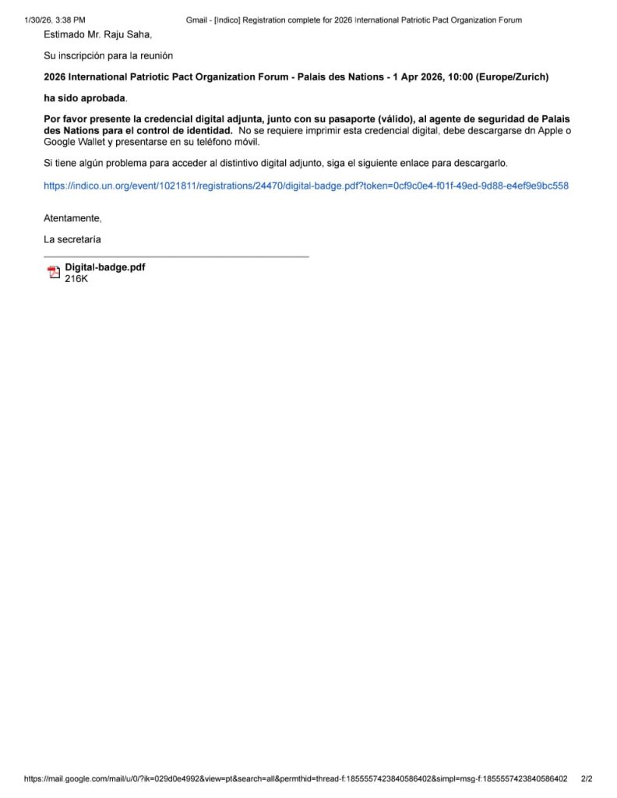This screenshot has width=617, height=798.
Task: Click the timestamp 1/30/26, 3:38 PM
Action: click(x=55, y=19)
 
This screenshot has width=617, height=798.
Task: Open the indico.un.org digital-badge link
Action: click(x=305, y=186)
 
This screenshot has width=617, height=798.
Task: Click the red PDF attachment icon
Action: click(x=54, y=272)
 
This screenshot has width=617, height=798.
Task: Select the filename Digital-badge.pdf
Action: click(x=104, y=267)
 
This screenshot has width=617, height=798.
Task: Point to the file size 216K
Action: click(x=76, y=278)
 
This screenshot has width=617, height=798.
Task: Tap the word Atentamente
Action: click(x=72, y=219)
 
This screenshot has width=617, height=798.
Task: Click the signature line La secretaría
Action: click(x=72, y=239)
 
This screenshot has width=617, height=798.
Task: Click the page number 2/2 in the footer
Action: click(x=587, y=779)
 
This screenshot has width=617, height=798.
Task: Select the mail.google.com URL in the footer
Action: click(x=295, y=779)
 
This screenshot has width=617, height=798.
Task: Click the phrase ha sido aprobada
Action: click(x=85, y=99)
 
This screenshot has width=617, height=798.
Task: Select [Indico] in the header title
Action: click(x=226, y=19)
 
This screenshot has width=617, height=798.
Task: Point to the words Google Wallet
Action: click(x=73, y=143)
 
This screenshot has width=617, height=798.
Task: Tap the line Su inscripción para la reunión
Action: click(x=108, y=56)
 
